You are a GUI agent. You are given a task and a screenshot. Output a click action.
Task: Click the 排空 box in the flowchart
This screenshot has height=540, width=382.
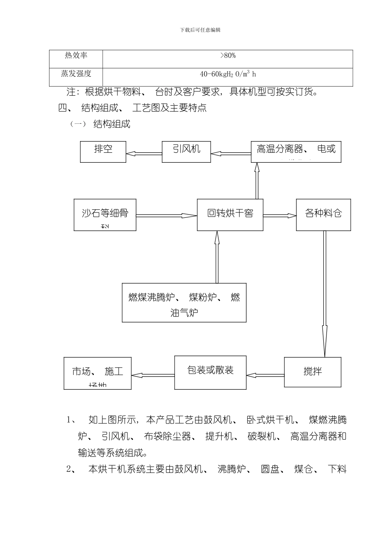(103, 152)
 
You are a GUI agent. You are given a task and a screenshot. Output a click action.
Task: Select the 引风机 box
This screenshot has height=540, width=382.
(186, 152)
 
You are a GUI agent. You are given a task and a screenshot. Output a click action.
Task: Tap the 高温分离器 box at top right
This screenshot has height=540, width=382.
(296, 152)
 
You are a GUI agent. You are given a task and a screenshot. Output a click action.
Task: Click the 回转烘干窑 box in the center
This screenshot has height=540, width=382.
(230, 215)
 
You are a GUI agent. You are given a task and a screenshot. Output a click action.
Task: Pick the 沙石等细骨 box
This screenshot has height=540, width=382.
(105, 215)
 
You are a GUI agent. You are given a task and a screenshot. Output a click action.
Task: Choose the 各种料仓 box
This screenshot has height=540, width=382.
(323, 215)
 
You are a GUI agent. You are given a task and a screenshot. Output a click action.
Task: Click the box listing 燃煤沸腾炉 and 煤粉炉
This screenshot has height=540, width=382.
(184, 303)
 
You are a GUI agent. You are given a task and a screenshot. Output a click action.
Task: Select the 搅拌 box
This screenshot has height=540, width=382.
(312, 372)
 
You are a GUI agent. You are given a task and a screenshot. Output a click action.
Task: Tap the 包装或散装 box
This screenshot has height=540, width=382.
(210, 372)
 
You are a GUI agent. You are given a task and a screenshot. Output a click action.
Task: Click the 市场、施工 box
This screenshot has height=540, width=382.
(98, 373)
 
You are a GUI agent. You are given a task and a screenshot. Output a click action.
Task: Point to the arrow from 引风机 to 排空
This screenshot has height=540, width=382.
(144, 153)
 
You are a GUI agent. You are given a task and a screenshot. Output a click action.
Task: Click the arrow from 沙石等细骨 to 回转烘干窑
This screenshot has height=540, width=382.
(166, 216)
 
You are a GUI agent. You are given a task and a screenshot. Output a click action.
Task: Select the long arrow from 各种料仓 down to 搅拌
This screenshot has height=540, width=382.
(324, 293)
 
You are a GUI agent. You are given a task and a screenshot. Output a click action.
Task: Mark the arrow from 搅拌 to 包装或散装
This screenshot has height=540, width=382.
(265, 376)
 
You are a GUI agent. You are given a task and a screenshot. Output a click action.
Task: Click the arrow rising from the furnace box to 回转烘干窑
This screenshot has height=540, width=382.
(217, 257)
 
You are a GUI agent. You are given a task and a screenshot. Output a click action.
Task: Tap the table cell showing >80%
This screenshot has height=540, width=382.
(228, 56)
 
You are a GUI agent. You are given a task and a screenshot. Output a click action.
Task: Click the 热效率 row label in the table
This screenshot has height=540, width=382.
(76, 55)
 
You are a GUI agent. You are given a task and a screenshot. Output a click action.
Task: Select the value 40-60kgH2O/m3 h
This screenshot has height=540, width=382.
(228, 74)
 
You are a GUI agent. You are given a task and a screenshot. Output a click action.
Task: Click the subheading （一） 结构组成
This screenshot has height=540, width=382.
(101, 124)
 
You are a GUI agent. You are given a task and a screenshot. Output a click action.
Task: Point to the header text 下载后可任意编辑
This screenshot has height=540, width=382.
(200, 30)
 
